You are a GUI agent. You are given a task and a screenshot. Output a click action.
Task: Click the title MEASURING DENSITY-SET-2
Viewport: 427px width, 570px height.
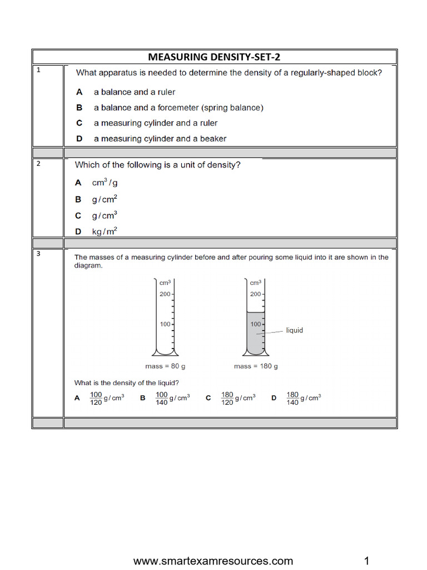(217, 57)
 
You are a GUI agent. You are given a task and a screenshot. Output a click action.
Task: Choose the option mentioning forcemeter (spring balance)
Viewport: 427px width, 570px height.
(178, 107)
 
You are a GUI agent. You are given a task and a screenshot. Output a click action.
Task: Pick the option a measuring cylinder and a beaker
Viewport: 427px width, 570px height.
(160, 139)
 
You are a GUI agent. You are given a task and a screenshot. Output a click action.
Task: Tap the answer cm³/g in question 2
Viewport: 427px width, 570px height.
(105, 183)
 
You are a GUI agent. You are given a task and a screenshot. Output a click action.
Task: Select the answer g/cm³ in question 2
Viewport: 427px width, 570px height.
(105, 215)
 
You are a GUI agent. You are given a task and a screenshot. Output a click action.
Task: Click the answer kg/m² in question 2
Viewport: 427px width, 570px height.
(105, 232)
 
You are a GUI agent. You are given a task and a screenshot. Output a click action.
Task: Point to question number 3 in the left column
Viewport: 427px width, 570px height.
(38, 254)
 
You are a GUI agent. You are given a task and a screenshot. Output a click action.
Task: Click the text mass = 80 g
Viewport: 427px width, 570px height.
(166, 366)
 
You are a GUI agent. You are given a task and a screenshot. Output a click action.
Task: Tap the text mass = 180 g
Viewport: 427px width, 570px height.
(256, 366)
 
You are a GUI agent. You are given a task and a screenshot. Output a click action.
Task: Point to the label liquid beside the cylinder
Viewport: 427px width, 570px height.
(294, 330)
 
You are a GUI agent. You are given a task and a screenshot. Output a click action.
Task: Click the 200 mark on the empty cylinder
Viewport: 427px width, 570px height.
(165, 294)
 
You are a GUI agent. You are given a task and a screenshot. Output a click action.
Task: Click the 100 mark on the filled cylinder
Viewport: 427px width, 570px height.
(255, 324)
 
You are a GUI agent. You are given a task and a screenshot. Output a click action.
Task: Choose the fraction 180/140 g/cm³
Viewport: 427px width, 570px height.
(304, 399)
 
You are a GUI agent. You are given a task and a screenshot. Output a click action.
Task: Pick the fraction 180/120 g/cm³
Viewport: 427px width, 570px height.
(238, 399)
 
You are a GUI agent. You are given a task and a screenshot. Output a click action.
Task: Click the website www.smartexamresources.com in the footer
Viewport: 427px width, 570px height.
(213, 561)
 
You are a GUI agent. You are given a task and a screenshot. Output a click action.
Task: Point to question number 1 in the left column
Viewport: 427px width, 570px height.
(38, 70)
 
